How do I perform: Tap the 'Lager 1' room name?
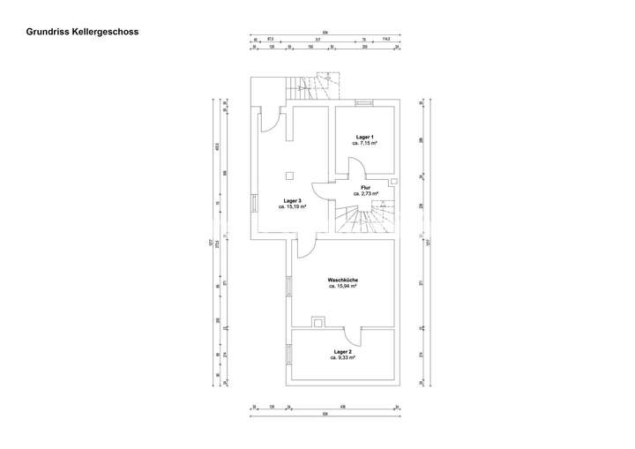click(x=365, y=137)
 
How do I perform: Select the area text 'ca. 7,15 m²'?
click(x=365, y=143)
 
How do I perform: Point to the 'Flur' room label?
click(x=365, y=187)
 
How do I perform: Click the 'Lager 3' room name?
click(x=293, y=201)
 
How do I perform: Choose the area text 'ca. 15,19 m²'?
click(x=293, y=207)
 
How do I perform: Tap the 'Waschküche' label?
click(x=342, y=280)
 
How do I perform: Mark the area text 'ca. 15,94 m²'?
click(x=342, y=286)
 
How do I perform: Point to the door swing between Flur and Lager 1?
click(x=355, y=168)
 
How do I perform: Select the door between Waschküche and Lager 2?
click(x=351, y=335)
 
